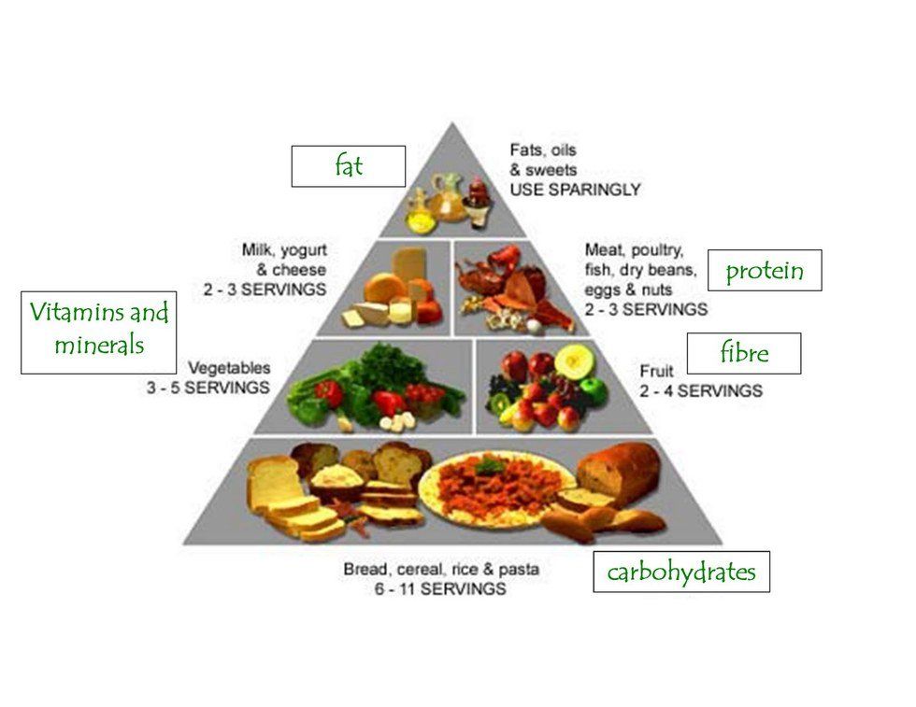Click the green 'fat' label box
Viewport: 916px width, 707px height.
pos(348,166)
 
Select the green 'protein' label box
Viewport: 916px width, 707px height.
pos(765,270)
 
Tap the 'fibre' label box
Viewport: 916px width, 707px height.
pos(744,353)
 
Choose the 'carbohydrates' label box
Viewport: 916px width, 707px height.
pos(680,571)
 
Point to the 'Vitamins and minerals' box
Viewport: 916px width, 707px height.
pos(99,332)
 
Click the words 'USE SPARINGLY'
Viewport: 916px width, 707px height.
pos(575,190)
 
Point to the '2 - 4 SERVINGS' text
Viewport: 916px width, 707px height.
pos(700,389)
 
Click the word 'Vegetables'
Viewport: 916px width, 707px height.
pos(229,368)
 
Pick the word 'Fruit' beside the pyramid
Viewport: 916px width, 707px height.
pos(656,371)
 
